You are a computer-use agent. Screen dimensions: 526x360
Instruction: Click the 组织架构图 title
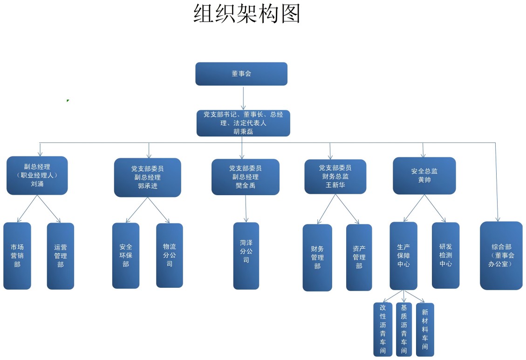[246, 14]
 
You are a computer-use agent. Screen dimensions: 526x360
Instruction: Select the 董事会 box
[241, 74]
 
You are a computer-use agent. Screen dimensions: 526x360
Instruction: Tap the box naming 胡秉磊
[243, 123]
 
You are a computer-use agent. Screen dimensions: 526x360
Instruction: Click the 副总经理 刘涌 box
[37, 175]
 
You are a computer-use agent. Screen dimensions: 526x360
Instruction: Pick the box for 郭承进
[148, 177]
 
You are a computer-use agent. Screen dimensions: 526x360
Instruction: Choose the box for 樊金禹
[246, 177]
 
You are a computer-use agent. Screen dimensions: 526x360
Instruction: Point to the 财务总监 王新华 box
[335, 177]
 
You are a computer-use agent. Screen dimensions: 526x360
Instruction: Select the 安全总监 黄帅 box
[424, 176]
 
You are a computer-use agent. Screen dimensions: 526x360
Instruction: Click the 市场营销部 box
[17, 256]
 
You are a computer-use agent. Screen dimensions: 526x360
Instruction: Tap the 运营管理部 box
[61, 256]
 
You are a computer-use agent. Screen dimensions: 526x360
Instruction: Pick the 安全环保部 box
[126, 255]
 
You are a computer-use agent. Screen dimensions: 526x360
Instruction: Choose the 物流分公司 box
[170, 255]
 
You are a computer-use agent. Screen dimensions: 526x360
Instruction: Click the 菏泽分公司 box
[246, 256]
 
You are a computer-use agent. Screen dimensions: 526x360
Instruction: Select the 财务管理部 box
[317, 258]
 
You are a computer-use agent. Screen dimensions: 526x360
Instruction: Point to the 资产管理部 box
[359, 258]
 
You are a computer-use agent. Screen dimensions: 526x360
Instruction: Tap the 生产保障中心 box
[403, 256]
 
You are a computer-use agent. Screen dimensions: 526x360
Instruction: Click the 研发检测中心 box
[445, 255]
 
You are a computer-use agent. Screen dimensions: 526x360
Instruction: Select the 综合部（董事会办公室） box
[501, 255]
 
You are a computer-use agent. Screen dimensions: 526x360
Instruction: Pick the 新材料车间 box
[425, 330]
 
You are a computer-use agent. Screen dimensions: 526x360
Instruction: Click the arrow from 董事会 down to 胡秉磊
[243, 98]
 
